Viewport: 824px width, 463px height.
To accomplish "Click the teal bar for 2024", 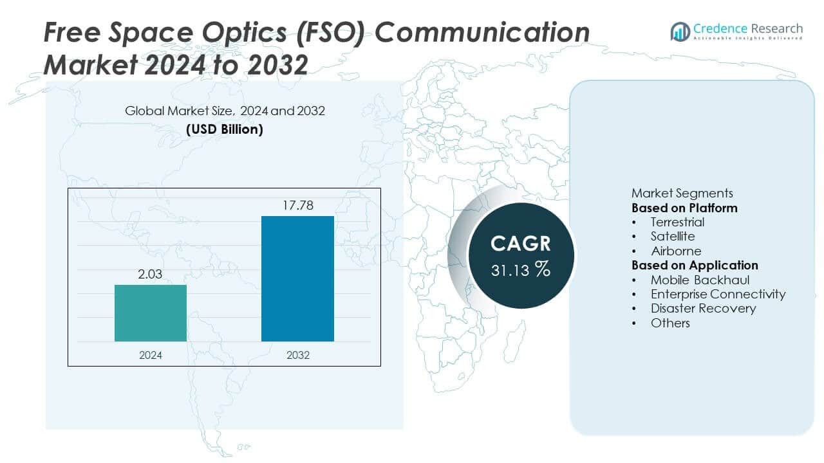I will (151, 313).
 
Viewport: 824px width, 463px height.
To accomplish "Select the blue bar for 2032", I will (297, 278).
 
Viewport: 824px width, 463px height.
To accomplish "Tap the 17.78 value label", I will (297, 206).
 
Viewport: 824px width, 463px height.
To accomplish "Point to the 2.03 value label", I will (151, 275).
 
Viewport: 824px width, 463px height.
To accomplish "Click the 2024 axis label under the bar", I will (151, 355).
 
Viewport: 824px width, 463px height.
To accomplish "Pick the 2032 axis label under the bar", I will (297, 355).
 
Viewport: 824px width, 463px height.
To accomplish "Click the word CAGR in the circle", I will (521, 244).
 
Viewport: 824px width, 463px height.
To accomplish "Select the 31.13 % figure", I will (521, 270).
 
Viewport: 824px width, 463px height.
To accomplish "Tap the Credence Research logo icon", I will (680, 31).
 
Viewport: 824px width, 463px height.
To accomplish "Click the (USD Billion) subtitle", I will (225, 129).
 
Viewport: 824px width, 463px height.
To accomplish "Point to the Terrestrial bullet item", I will (677, 222).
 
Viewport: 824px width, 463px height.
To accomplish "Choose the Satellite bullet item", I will (673, 237).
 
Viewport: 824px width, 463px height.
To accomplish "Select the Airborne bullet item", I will (676, 251).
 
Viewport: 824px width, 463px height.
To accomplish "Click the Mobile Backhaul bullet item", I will (700, 280).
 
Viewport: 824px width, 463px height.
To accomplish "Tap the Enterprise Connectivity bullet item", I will (718, 294).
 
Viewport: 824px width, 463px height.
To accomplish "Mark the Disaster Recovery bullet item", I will (703, 308).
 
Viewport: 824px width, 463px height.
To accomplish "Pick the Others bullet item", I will (670, 323).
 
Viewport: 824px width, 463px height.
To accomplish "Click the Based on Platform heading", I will (684, 208).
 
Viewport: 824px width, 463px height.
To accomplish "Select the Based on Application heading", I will (695, 265).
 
